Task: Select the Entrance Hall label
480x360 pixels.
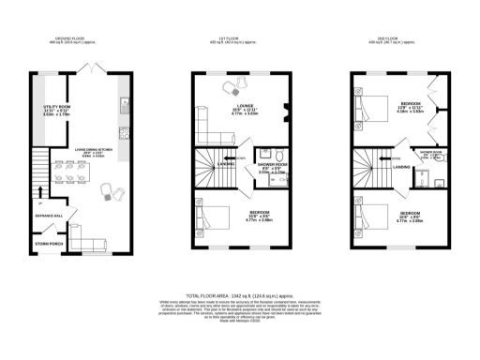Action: point(51,216)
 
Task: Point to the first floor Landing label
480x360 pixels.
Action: point(226,165)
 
